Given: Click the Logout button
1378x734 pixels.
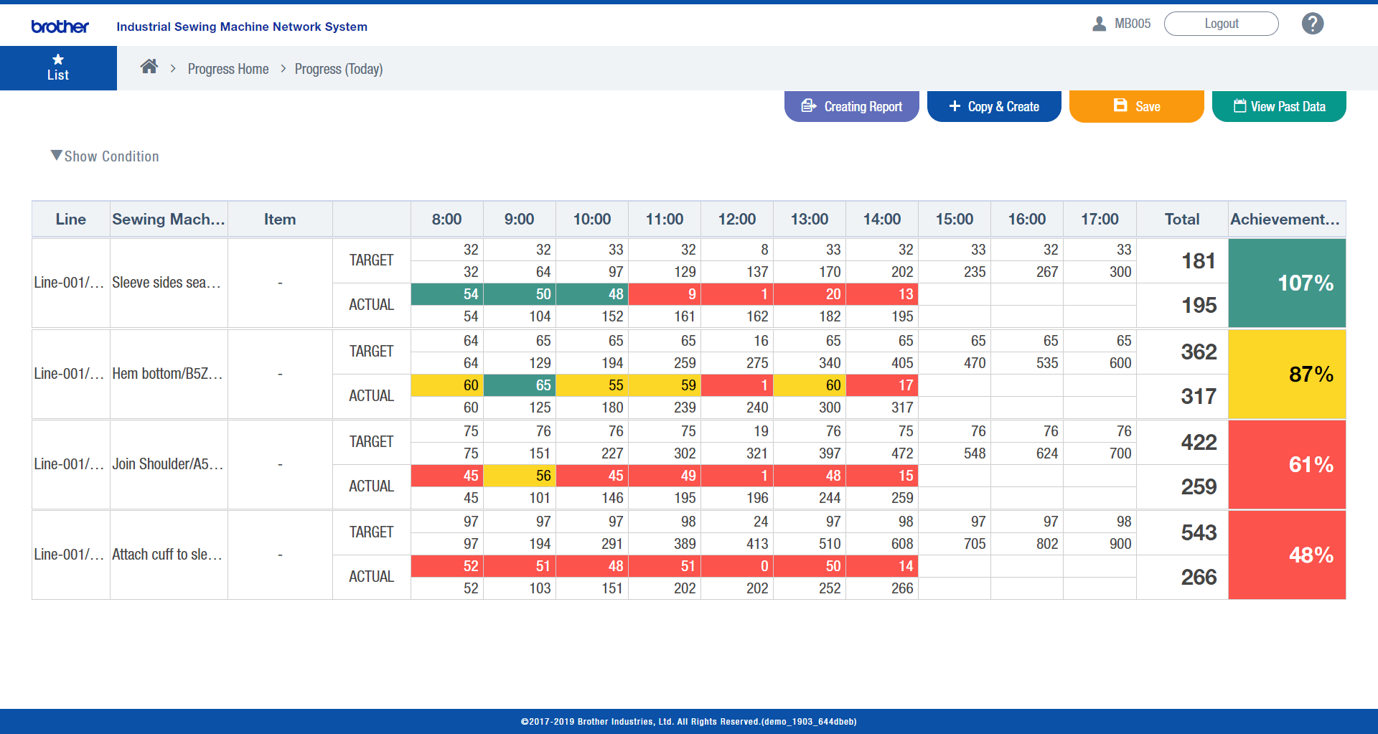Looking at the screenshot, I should pyautogui.click(x=1221, y=24).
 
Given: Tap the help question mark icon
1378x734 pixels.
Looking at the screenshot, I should pyautogui.click(x=1313, y=24).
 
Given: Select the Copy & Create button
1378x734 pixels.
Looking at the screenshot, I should pyautogui.click(x=994, y=106).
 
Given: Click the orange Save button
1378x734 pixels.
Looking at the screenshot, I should pyautogui.click(x=1136, y=106).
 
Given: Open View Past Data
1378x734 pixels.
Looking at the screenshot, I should pyautogui.click(x=1279, y=106).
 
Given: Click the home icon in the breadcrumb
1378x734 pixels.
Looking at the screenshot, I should pyautogui.click(x=149, y=67).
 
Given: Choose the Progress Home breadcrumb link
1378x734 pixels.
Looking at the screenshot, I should pyautogui.click(x=228, y=69).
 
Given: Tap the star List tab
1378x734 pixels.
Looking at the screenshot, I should pyautogui.click(x=58, y=68).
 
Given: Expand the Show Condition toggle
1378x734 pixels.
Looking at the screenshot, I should pyautogui.click(x=105, y=156).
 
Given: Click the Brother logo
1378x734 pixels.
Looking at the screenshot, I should pyautogui.click(x=60, y=27).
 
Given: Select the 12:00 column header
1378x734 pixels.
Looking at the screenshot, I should pyautogui.click(x=736, y=220).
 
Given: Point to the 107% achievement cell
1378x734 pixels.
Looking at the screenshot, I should pyautogui.click(x=1287, y=283).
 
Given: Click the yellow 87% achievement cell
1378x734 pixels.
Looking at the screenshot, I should pyautogui.click(x=1287, y=374).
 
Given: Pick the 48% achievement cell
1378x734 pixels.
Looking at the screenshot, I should pyautogui.click(x=1287, y=555).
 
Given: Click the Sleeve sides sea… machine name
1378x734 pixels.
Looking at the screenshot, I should pyautogui.click(x=167, y=283).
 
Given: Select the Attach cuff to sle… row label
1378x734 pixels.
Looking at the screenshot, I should pyautogui.click(x=167, y=555).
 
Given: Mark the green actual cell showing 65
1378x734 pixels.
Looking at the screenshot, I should pyautogui.click(x=520, y=385).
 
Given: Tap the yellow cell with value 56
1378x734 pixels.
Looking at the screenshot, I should pyautogui.click(x=520, y=476).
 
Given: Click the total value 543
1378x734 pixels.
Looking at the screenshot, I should pyautogui.click(x=1199, y=532).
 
